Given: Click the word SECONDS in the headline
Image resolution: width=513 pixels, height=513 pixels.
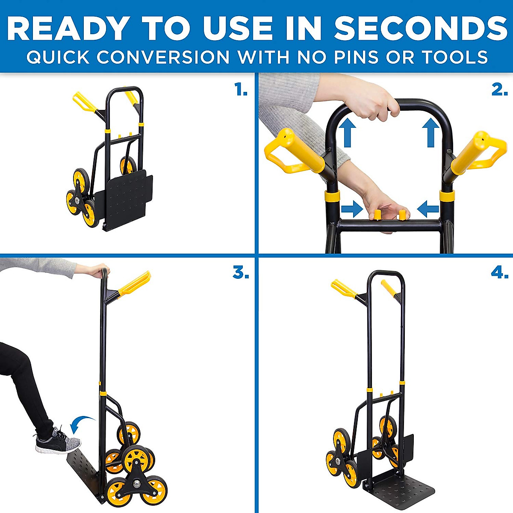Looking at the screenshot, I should [421, 29].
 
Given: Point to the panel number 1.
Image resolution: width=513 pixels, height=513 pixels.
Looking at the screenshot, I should [241, 90].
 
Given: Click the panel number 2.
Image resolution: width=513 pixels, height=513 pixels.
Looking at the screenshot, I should [499, 90].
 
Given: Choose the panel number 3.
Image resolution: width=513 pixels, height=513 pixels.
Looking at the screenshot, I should [241, 273].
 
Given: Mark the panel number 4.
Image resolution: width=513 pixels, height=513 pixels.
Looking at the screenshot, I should [499, 273].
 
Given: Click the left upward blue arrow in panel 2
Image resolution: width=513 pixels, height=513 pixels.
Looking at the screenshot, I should [348, 133].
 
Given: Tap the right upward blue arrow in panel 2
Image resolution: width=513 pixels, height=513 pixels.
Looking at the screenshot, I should [430, 133].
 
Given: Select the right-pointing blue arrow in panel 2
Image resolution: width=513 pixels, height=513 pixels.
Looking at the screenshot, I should [352, 209].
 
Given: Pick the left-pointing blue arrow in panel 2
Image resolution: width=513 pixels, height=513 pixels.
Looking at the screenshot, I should [427, 209].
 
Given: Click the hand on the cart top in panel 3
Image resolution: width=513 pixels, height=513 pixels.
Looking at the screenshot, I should [96, 271].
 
